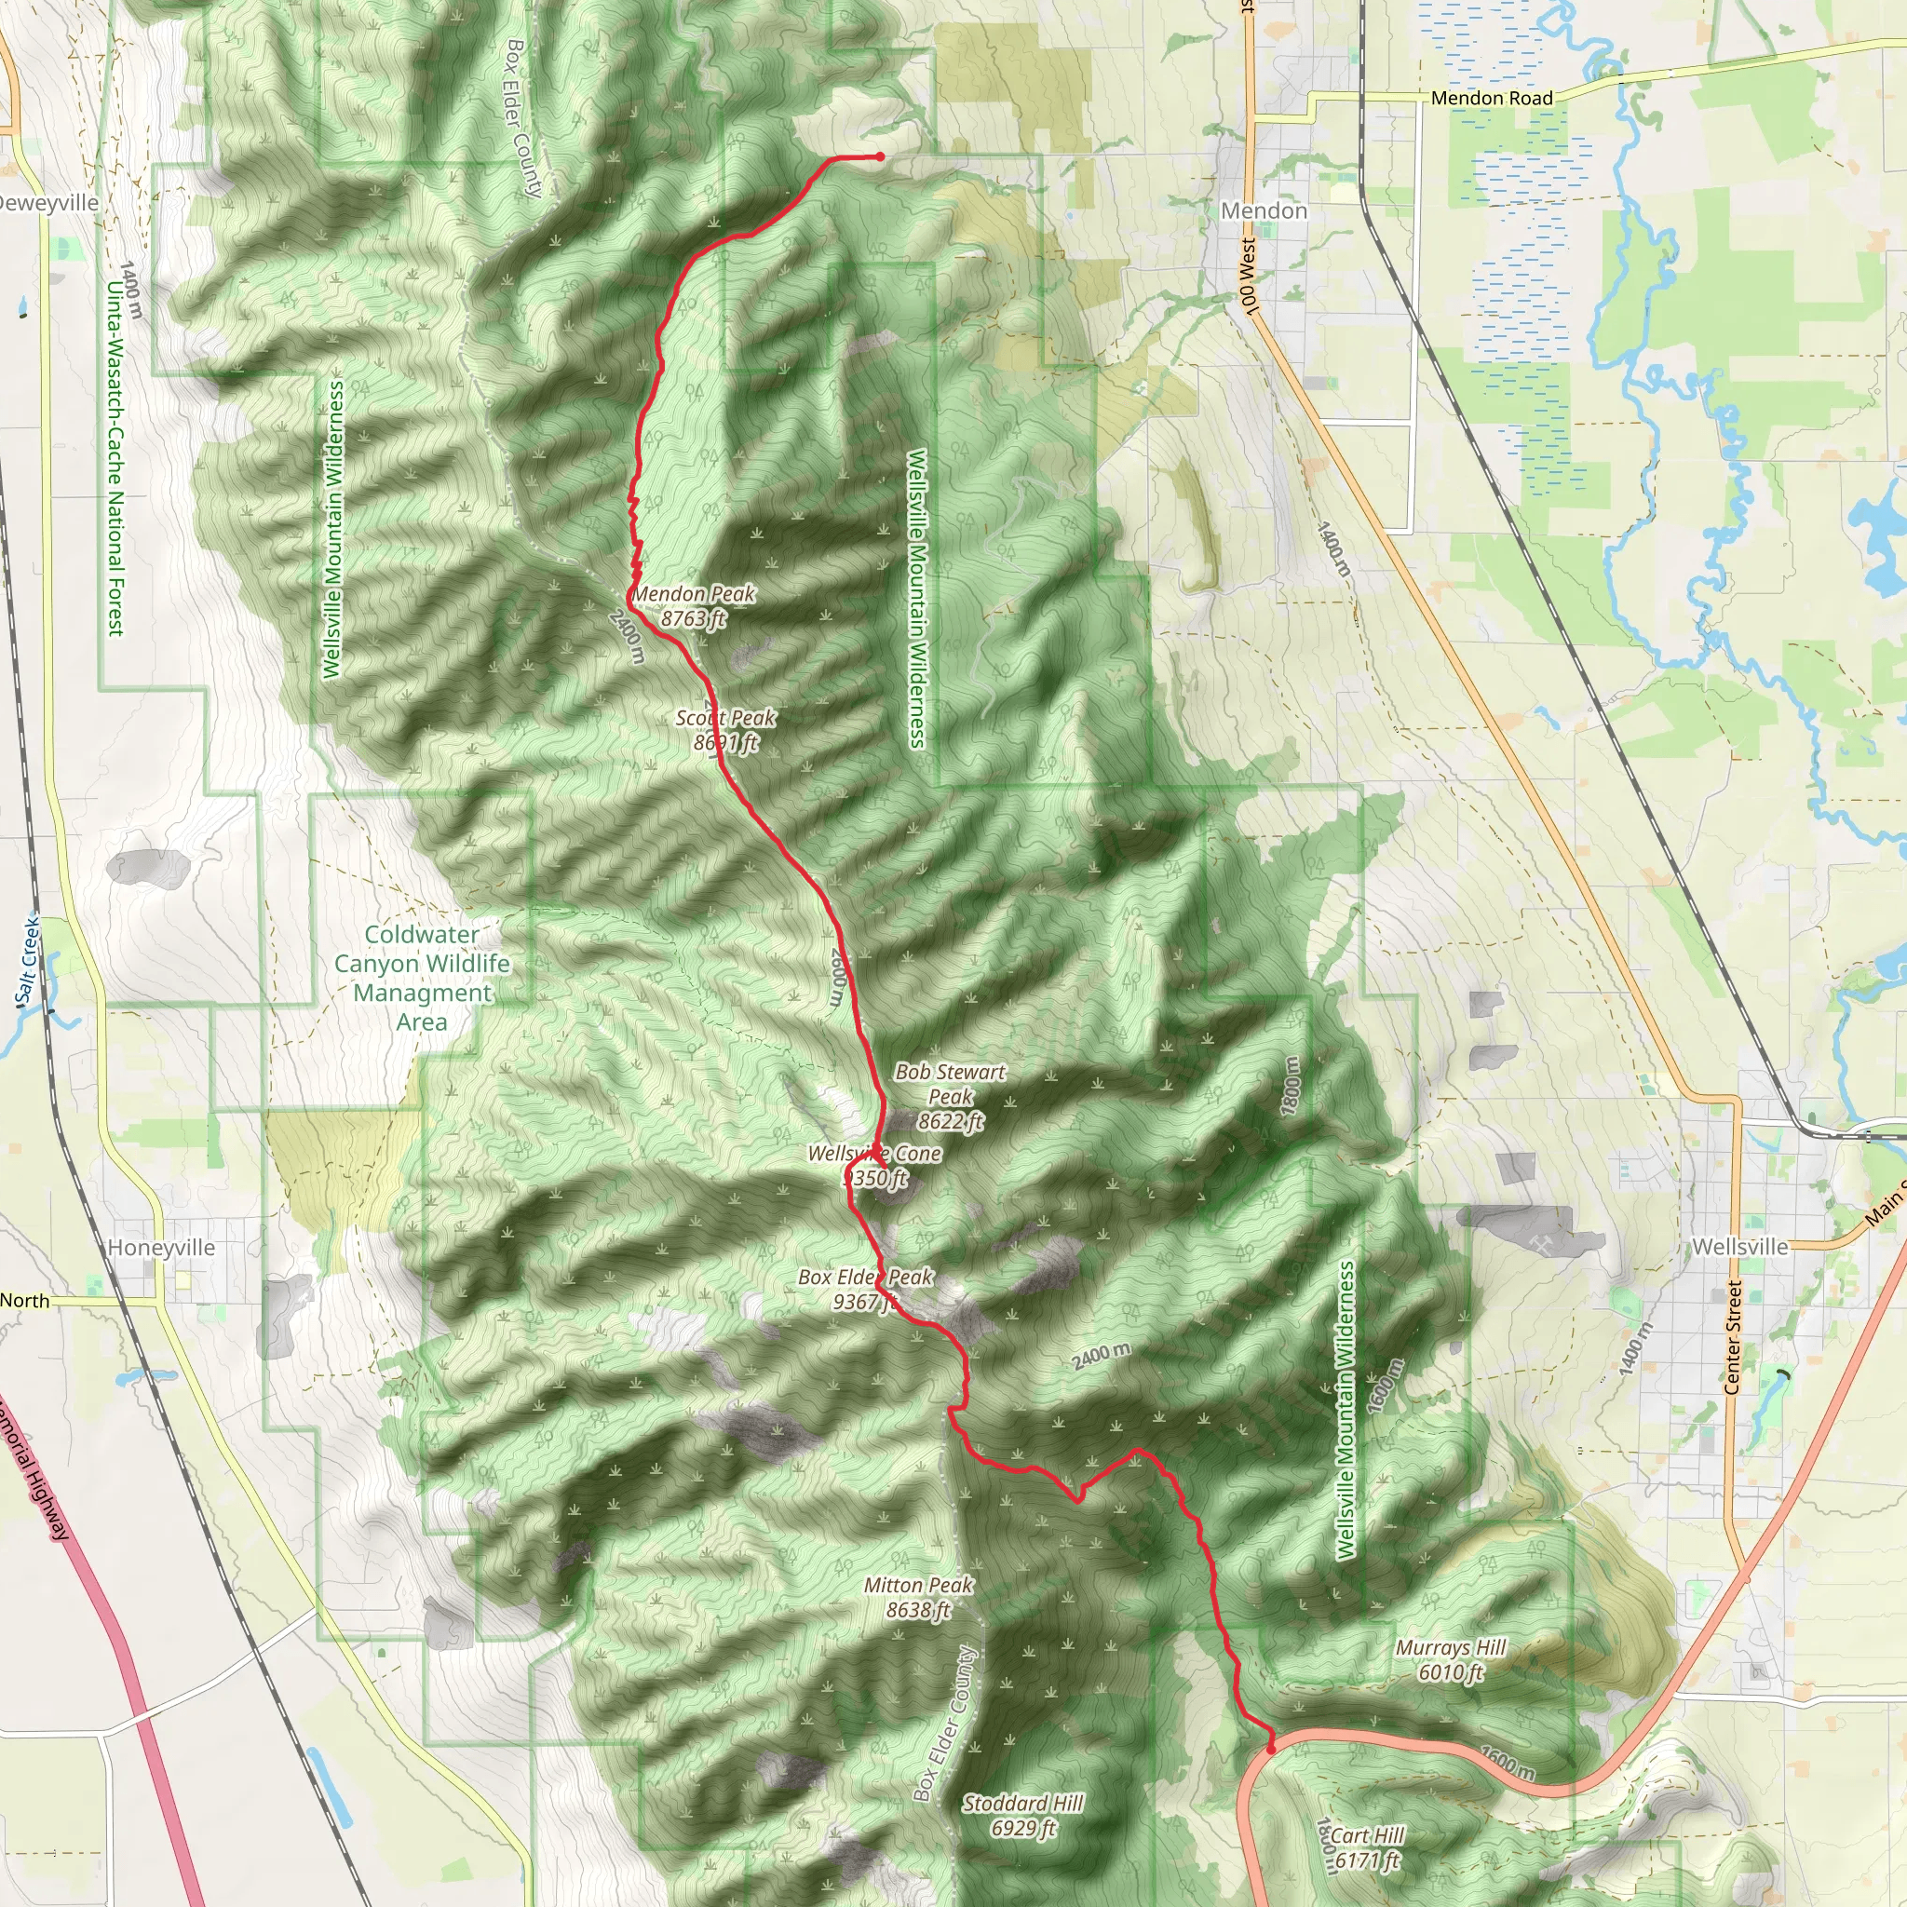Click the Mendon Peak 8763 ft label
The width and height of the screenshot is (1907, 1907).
693,606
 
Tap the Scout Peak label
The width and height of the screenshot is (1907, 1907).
725,729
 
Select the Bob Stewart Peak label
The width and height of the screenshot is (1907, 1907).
951,1096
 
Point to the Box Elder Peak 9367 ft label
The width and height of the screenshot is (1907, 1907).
865,1289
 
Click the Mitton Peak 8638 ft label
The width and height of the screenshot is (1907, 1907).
918,1597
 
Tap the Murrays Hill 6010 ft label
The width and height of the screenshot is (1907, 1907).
1450,1659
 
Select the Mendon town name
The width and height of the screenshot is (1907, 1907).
1264,210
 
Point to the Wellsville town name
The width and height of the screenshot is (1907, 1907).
1739,1247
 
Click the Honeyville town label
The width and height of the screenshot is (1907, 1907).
161,1248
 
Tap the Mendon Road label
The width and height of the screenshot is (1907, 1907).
1492,98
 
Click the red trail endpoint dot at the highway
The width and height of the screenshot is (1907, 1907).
1271,1749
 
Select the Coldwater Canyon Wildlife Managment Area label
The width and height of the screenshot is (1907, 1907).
423,977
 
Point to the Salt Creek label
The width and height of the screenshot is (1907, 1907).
30,960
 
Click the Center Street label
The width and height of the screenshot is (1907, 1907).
1732,1337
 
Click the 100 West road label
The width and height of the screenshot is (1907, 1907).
1249,277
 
